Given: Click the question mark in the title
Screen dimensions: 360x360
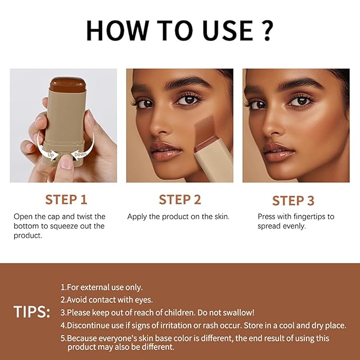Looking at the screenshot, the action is (x=267, y=30).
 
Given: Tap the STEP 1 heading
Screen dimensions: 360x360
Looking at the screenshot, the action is (x=66, y=199).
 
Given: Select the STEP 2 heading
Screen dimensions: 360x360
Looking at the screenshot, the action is (x=180, y=199).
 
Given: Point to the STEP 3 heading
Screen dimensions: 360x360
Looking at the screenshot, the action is (x=293, y=200).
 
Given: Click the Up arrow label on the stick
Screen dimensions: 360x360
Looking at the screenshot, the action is (x=50, y=154).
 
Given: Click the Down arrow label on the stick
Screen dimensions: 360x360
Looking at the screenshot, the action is (x=81, y=154).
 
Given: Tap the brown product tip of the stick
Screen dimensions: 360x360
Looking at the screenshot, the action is (x=68, y=84).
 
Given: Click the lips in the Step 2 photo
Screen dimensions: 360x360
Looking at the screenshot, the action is (x=166, y=151).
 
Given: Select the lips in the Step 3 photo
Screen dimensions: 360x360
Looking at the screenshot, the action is (x=278, y=152).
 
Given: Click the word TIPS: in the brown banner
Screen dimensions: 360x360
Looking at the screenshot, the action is (x=32, y=312).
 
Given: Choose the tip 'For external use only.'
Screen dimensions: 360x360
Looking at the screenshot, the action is (x=101, y=287).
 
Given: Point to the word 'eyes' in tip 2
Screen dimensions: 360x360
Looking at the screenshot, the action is (x=146, y=300).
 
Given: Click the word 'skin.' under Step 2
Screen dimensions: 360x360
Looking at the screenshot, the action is (x=222, y=216).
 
